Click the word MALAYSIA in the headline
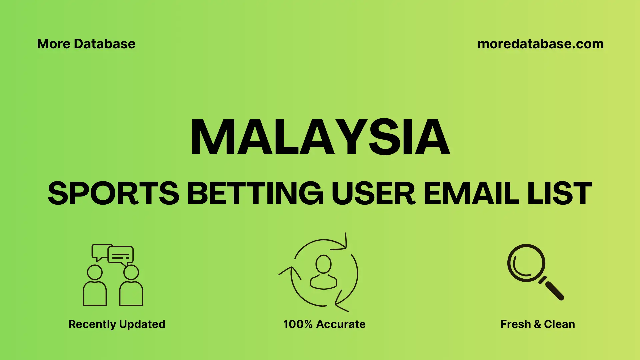pyautogui.click(x=320, y=137)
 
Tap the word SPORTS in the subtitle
pyautogui.click(x=113, y=193)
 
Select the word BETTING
pyautogui.click(x=255, y=193)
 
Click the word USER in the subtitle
pyautogui.click(x=373, y=193)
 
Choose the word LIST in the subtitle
pyautogui.click(x=560, y=193)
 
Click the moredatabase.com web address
pyautogui.click(x=540, y=44)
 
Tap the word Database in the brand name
pyautogui.click(x=105, y=44)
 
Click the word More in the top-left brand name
pyautogui.click(x=53, y=44)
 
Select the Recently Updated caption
pyautogui.click(x=117, y=324)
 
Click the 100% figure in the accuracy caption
pyautogui.click(x=298, y=324)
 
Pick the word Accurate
pyautogui.click(x=341, y=324)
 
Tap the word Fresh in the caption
pyautogui.click(x=515, y=324)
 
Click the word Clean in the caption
pyautogui.click(x=559, y=324)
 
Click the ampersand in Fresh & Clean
pyautogui.click(x=537, y=324)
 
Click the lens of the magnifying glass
pyautogui.click(x=526, y=263)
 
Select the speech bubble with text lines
pyautogui.click(x=121, y=255)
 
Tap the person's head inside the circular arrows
pyautogui.click(x=323, y=264)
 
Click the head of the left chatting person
pyautogui.click(x=95, y=272)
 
